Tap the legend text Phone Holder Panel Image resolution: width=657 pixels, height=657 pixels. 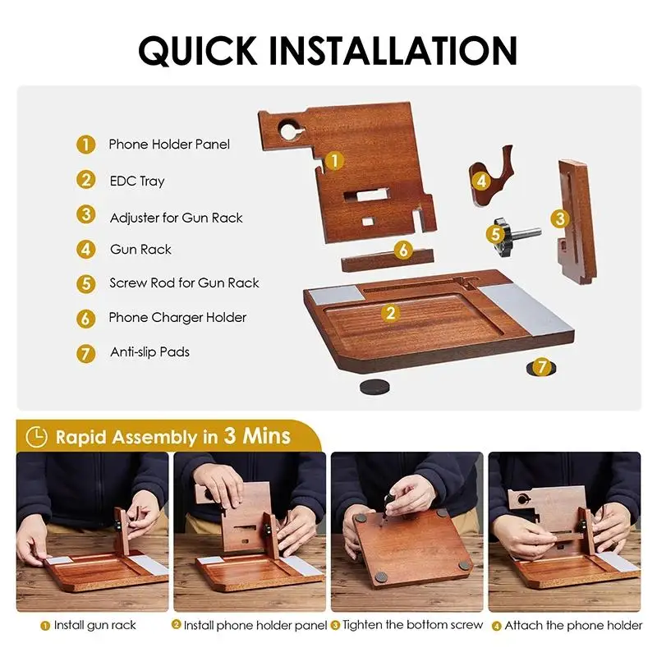coord(169,145)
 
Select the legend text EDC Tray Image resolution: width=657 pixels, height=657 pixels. coord(137,181)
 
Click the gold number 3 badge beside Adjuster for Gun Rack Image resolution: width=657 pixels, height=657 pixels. coord(86,215)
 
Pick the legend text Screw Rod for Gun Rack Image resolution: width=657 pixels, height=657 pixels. coord(184,283)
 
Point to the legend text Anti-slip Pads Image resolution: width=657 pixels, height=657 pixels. coord(149,352)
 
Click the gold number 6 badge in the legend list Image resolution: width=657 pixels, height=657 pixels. coord(86,318)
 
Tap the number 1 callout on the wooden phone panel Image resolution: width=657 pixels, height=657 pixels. coord(333,160)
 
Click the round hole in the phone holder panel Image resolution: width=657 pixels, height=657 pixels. coord(289,129)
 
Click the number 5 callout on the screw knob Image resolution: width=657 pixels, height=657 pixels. coord(496,233)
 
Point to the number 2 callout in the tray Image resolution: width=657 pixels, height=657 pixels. coord(391,312)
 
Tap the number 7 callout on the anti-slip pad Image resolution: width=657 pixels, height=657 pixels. coord(541,367)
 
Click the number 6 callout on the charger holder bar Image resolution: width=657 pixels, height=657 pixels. coord(402,250)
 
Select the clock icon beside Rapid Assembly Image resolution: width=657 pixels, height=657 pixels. coord(35,436)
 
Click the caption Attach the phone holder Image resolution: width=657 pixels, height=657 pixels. coord(573,625)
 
